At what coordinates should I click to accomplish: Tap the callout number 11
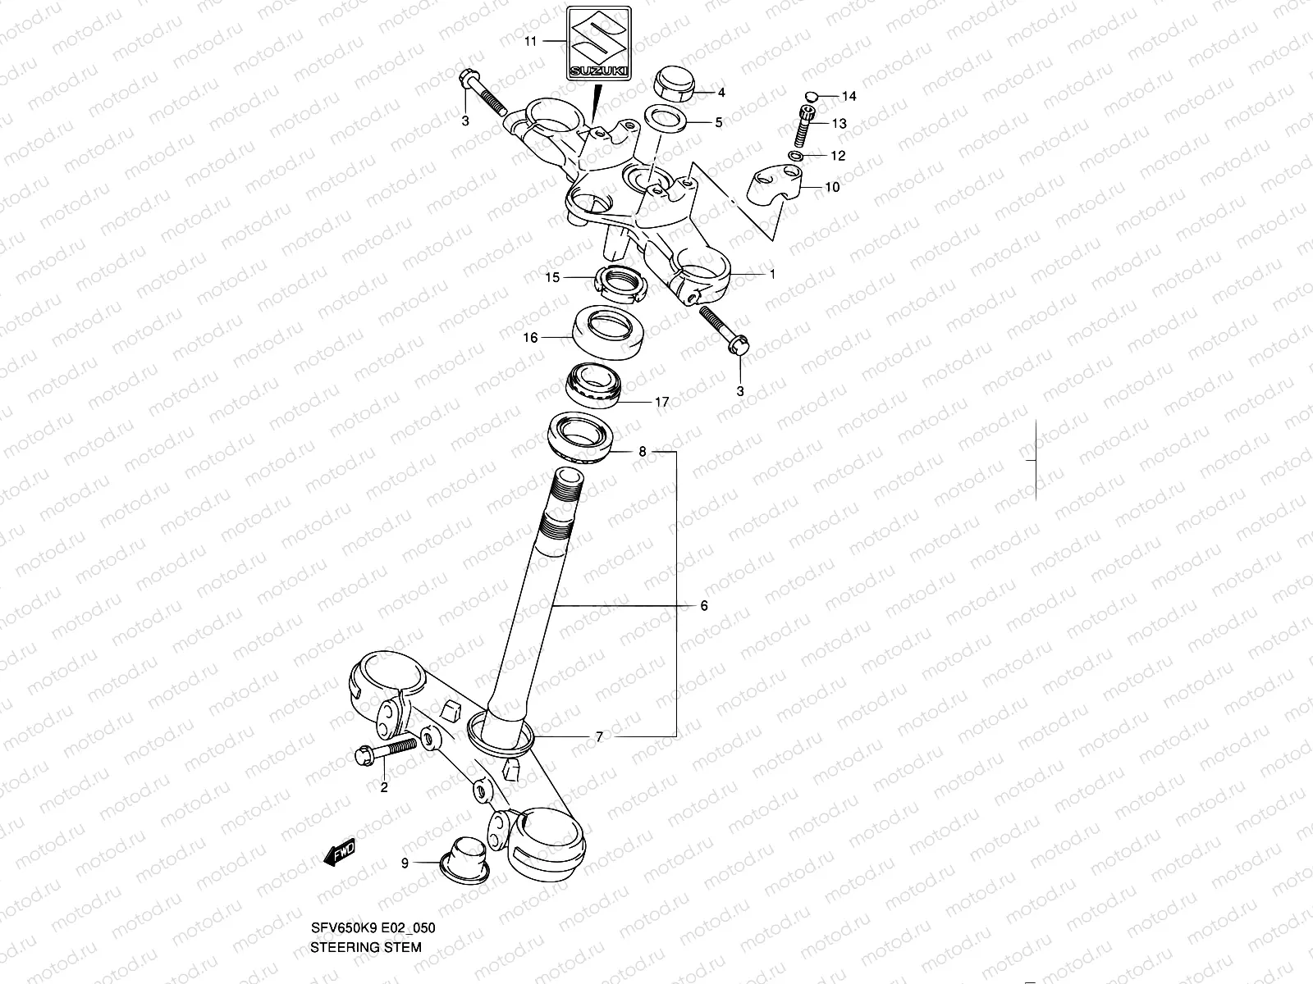[x=530, y=41]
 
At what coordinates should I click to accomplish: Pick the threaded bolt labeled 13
[x=805, y=124]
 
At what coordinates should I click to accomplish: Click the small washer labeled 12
[x=796, y=156]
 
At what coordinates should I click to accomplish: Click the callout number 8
[x=643, y=452]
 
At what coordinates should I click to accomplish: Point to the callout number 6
[x=703, y=606]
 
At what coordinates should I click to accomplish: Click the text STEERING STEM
[x=366, y=946]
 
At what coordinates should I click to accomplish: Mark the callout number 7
[x=599, y=737]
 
